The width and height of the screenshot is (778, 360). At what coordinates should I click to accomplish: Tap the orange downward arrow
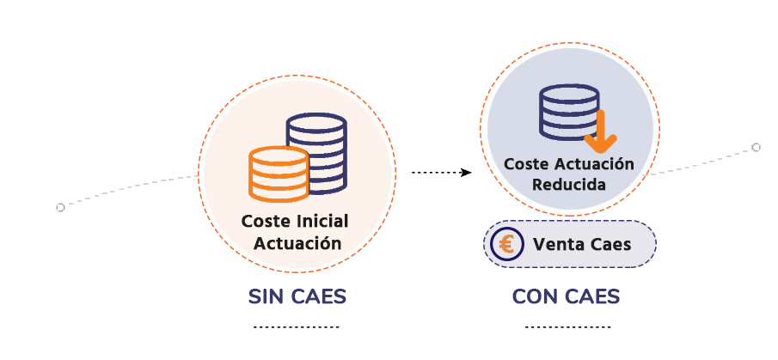[x=595, y=128]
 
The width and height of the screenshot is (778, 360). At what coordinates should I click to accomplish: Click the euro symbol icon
[x=506, y=244]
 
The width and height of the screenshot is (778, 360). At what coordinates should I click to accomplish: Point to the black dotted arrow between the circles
[x=441, y=172]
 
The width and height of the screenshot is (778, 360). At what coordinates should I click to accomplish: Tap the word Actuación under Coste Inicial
[x=297, y=242]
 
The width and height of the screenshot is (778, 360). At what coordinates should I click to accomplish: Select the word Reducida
[x=568, y=184]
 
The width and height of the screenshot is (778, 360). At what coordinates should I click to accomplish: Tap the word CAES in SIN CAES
[x=319, y=296]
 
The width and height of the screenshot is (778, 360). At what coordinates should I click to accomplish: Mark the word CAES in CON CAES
[x=591, y=296]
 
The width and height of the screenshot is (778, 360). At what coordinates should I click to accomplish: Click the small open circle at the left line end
[x=60, y=207]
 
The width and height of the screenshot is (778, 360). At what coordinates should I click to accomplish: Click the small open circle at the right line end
[x=757, y=147]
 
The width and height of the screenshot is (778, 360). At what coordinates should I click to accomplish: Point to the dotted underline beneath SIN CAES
[x=297, y=327]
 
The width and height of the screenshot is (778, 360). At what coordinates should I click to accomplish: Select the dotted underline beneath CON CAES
[x=567, y=327]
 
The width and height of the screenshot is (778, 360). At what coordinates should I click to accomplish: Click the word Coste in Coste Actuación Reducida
[x=524, y=163]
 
